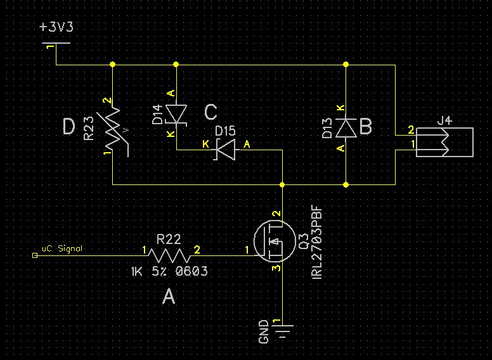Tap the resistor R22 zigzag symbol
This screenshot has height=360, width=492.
(169, 255)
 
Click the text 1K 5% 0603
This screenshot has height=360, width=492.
(169, 271)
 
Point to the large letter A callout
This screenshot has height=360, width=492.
(168, 297)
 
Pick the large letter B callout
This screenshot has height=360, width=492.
(366, 127)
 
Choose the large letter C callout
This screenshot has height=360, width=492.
(210, 112)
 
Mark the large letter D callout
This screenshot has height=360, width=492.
(68, 127)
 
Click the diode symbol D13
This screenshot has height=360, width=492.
(346, 128)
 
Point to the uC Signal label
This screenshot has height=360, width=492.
(61, 249)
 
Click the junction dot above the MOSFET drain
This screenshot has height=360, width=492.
(282, 184)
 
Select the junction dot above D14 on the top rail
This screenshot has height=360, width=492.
(176, 64)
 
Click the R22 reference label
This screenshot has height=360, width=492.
(169, 240)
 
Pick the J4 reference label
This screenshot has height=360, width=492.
(446, 120)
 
